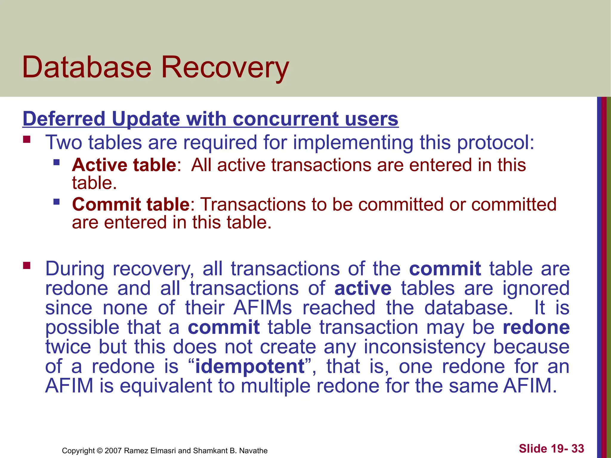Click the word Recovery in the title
225,68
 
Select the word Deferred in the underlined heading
64,119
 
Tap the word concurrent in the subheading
285,119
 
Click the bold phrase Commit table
131,205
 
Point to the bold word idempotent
250,366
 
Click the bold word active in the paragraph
363,289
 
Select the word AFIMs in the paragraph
263,308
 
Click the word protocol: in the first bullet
496,142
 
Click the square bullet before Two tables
27,139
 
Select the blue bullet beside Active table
56,163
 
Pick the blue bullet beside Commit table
56,202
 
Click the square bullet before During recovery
27,265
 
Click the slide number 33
578,449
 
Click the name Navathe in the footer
253,451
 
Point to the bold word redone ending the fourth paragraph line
536,327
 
